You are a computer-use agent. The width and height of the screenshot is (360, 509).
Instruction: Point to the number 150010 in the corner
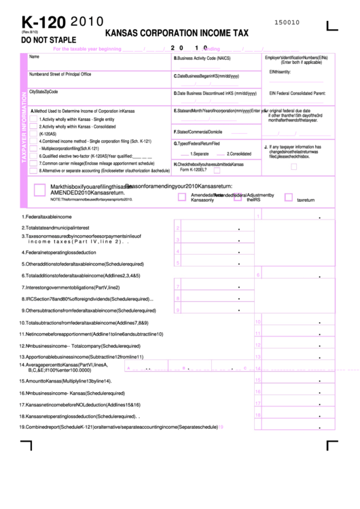click(x=287, y=22)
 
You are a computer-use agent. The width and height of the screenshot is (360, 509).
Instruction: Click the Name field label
click(x=34, y=56)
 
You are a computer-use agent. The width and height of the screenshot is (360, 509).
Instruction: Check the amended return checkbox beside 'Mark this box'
click(x=39, y=190)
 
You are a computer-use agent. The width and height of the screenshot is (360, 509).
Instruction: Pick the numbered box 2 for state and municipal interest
click(x=177, y=228)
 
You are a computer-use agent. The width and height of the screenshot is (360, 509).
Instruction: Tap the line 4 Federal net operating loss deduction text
click(x=61, y=252)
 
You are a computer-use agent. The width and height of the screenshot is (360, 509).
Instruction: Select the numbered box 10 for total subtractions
click(x=257, y=323)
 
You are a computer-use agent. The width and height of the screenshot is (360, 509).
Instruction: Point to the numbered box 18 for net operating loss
click(x=257, y=415)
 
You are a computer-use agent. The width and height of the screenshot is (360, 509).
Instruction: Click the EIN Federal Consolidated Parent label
click(x=297, y=92)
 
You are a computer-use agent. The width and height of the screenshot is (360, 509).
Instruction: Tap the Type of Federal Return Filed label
click(x=196, y=144)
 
